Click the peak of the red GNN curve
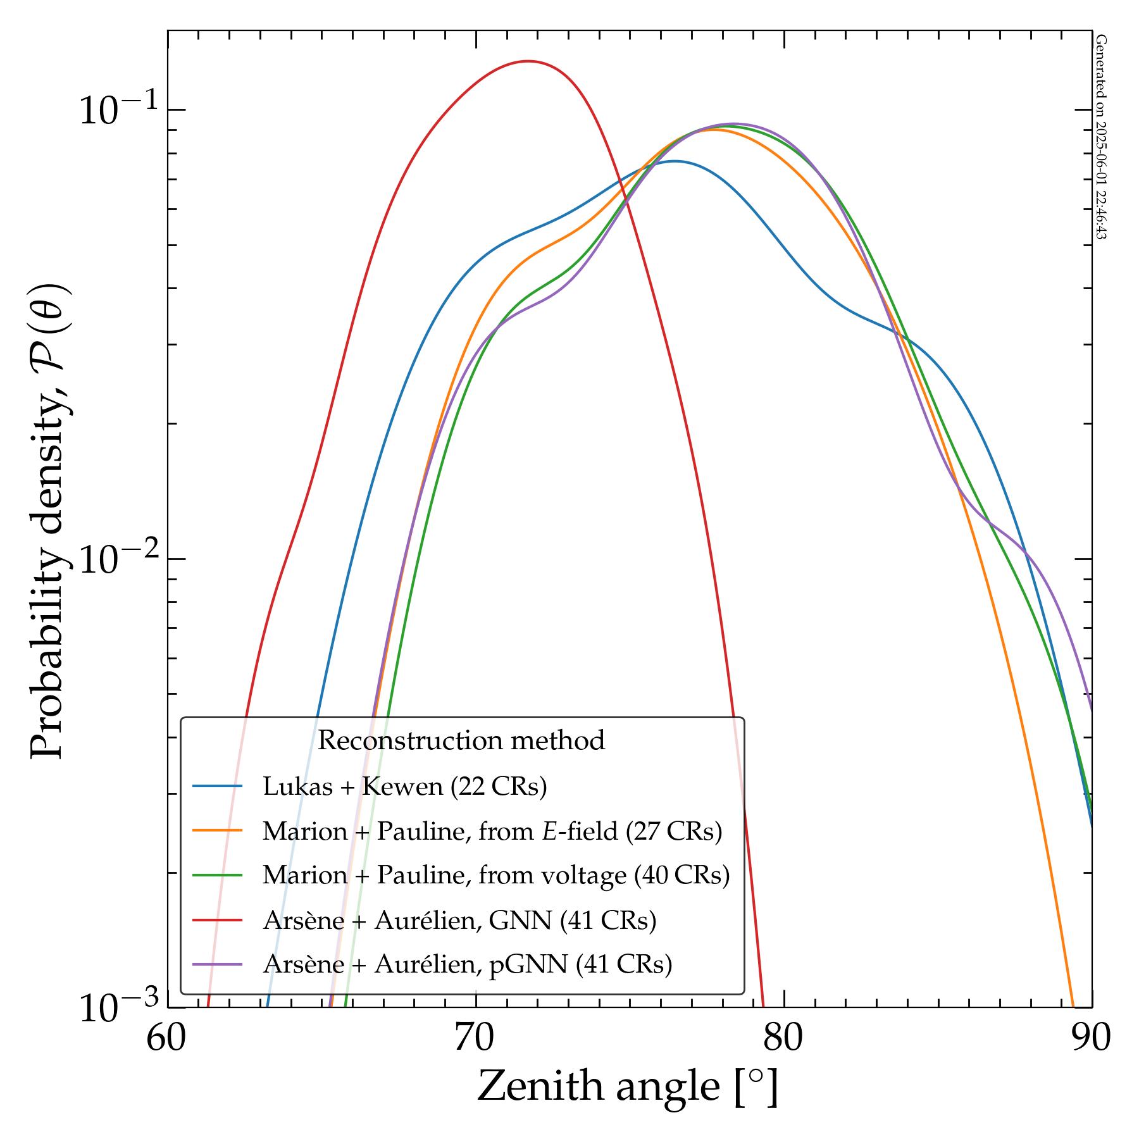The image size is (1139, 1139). [527, 61]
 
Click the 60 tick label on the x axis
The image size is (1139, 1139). [168, 1040]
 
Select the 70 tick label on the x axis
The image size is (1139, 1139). [475, 1040]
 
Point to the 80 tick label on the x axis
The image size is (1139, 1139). [784, 1040]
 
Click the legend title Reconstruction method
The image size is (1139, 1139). [461, 740]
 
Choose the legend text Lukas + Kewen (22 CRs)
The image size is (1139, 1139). [404, 787]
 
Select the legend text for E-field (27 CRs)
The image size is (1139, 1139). [492, 831]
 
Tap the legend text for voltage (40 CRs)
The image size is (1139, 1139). [496, 875]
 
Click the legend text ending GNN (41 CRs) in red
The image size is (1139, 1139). [459, 920]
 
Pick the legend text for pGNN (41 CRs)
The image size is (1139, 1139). [467, 964]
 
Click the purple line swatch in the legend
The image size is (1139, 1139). [218, 964]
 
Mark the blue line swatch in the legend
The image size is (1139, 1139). [218, 787]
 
